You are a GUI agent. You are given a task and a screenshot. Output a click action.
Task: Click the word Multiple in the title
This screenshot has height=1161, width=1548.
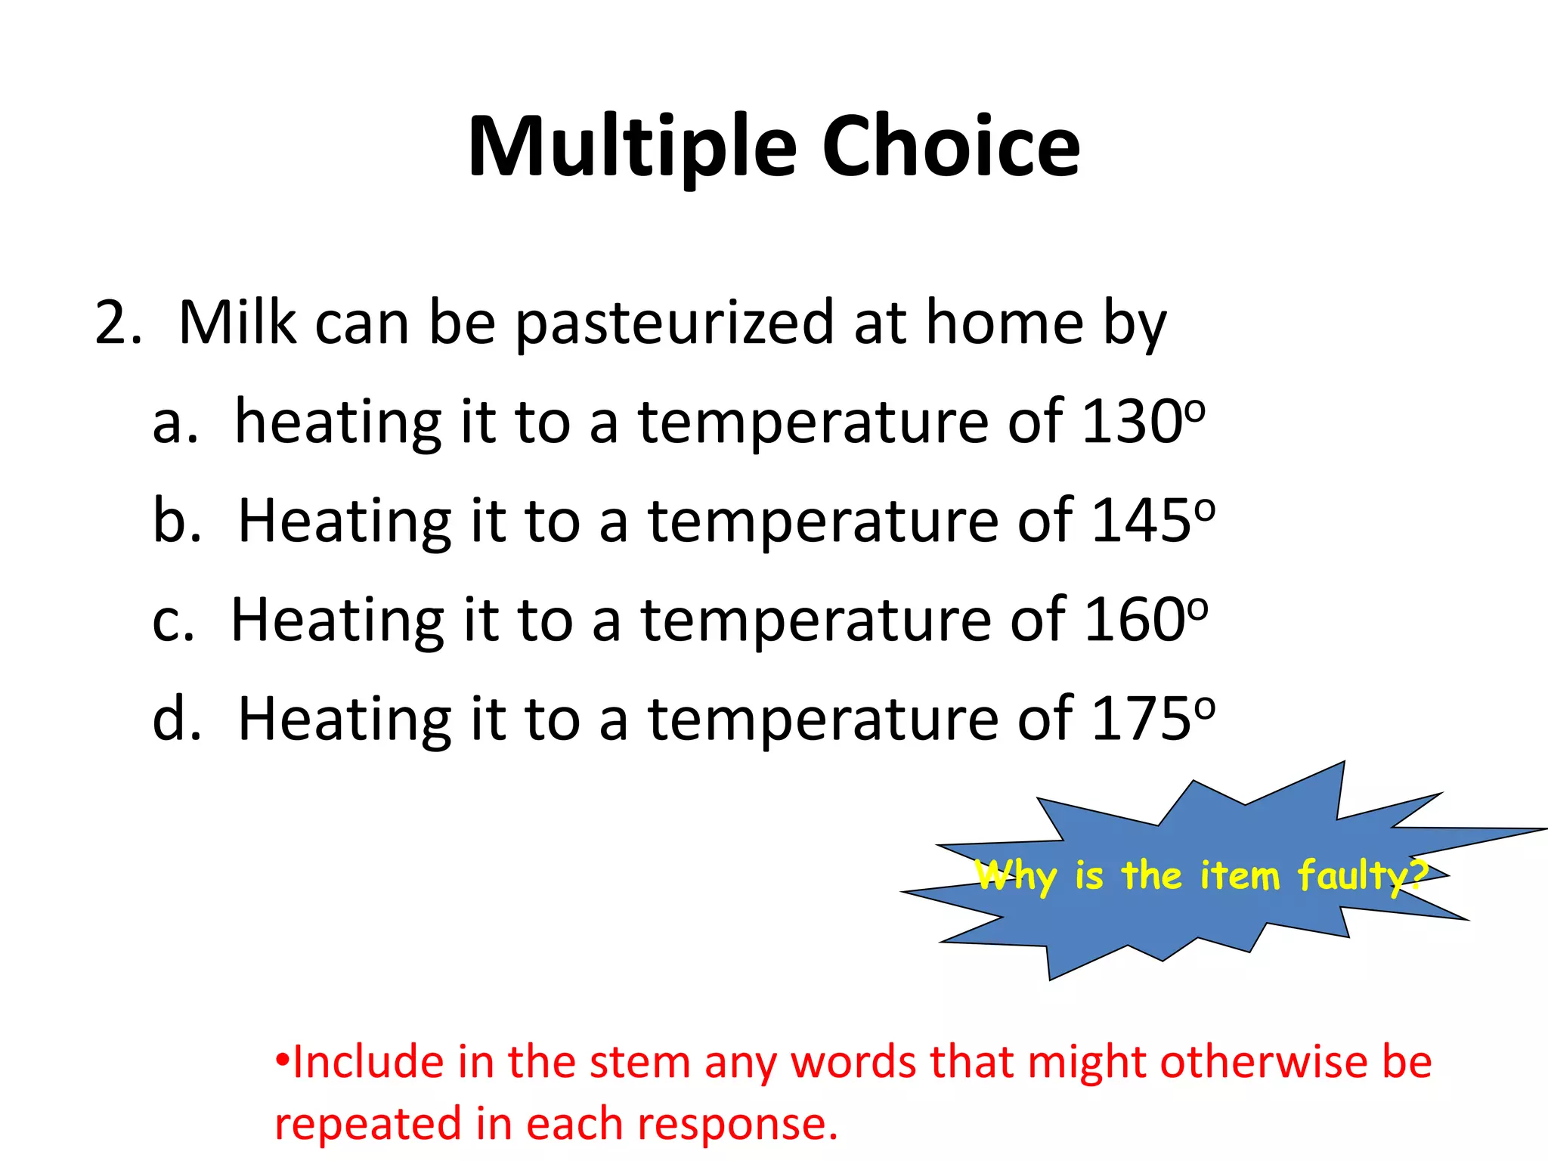[x=632, y=147]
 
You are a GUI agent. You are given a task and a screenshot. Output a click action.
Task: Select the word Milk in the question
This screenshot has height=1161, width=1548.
[x=237, y=324]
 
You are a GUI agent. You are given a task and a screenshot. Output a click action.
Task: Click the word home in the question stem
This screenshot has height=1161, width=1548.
[x=1005, y=324]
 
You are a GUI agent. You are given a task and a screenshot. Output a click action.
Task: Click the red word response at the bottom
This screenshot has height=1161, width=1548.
[x=737, y=1125]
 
